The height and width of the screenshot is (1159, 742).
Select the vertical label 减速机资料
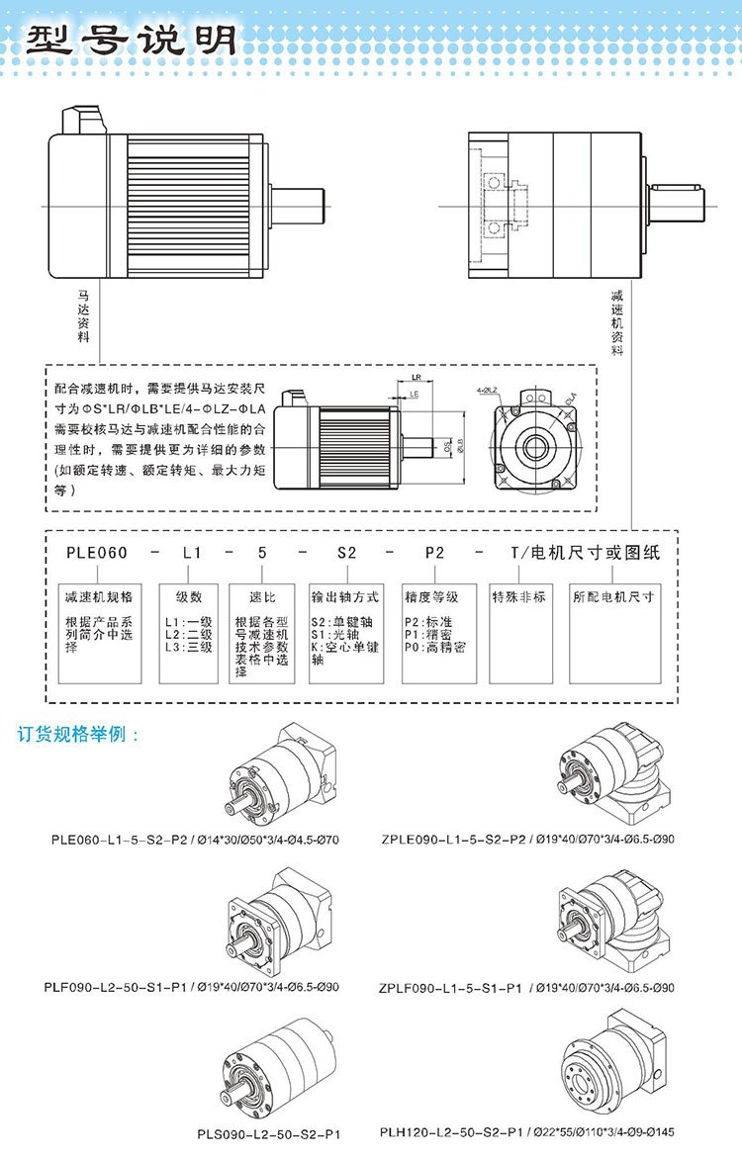(617, 322)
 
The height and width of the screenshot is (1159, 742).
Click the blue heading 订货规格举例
(79, 736)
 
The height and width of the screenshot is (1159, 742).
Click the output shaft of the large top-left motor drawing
(297, 205)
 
